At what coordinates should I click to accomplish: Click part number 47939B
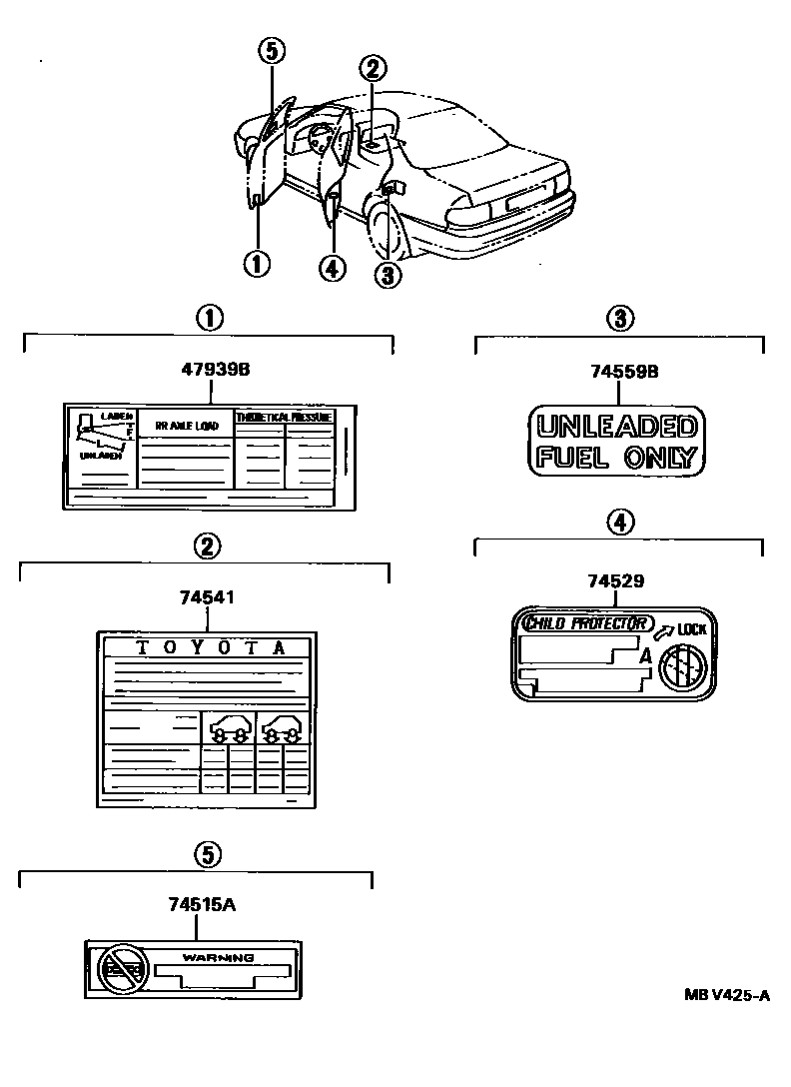[215, 370]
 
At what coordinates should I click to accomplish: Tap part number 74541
[208, 597]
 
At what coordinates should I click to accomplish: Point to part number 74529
[616, 580]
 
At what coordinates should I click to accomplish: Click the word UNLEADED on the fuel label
[615, 428]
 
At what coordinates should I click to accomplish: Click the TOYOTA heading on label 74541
[210, 646]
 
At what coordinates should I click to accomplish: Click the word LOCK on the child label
[691, 630]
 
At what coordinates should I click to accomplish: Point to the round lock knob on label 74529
[682, 663]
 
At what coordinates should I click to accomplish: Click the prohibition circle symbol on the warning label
[121, 968]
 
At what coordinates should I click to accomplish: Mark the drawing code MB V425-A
[727, 995]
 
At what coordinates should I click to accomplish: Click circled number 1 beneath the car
[257, 264]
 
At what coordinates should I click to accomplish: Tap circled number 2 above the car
[372, 68]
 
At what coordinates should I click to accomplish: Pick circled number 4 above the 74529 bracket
[619, 521]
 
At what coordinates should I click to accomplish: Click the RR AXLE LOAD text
[186, 426]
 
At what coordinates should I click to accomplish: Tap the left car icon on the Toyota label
[229, 732]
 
